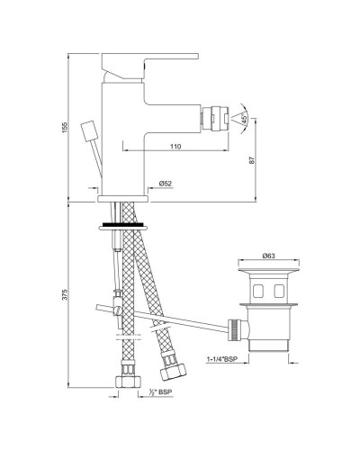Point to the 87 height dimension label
pyautogui.click(x=255, y=159)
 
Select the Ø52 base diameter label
pyautogui.click(x=165, y=183)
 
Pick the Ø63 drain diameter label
pyautogui.click(x=269, y=256)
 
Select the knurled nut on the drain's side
pyautogui.click(x=237, y=329)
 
